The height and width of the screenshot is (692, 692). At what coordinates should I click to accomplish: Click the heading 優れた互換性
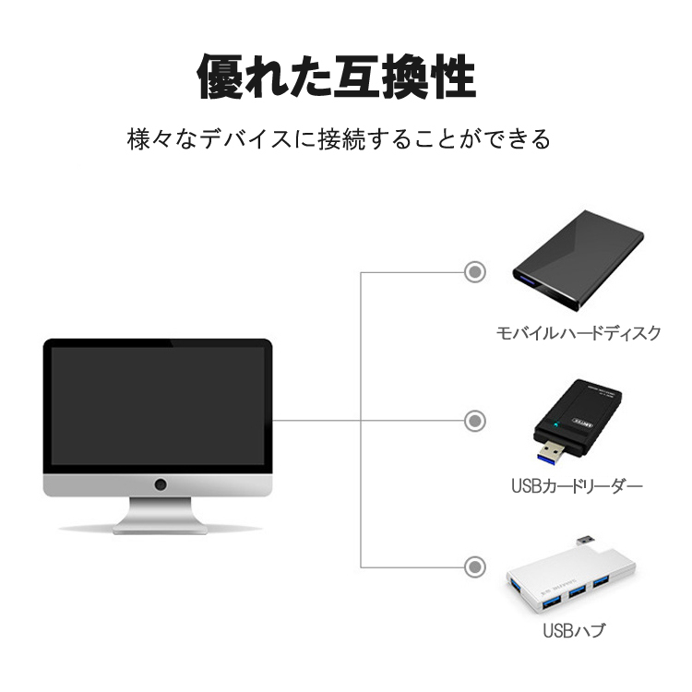click(337, 77)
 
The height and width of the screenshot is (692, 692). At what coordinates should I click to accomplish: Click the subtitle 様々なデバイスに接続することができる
click(339, 140)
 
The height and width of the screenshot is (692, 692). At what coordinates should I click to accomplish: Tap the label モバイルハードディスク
click(579, 333)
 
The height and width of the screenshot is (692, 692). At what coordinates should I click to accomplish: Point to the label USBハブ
click(574, 631)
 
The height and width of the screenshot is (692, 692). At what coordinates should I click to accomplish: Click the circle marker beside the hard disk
click(475, 272)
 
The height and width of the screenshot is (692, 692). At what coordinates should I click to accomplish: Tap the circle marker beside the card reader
click(475, 420)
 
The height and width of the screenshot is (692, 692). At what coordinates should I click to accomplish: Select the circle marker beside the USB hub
click(475, 567)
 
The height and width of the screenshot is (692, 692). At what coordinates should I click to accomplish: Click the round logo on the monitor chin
click(161, 483)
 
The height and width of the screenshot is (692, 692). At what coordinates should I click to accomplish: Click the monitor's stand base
click(159, 528)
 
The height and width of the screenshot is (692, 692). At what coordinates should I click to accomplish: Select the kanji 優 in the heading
click(221, 77)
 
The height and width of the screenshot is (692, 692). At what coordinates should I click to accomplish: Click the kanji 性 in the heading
click(452, 77)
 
